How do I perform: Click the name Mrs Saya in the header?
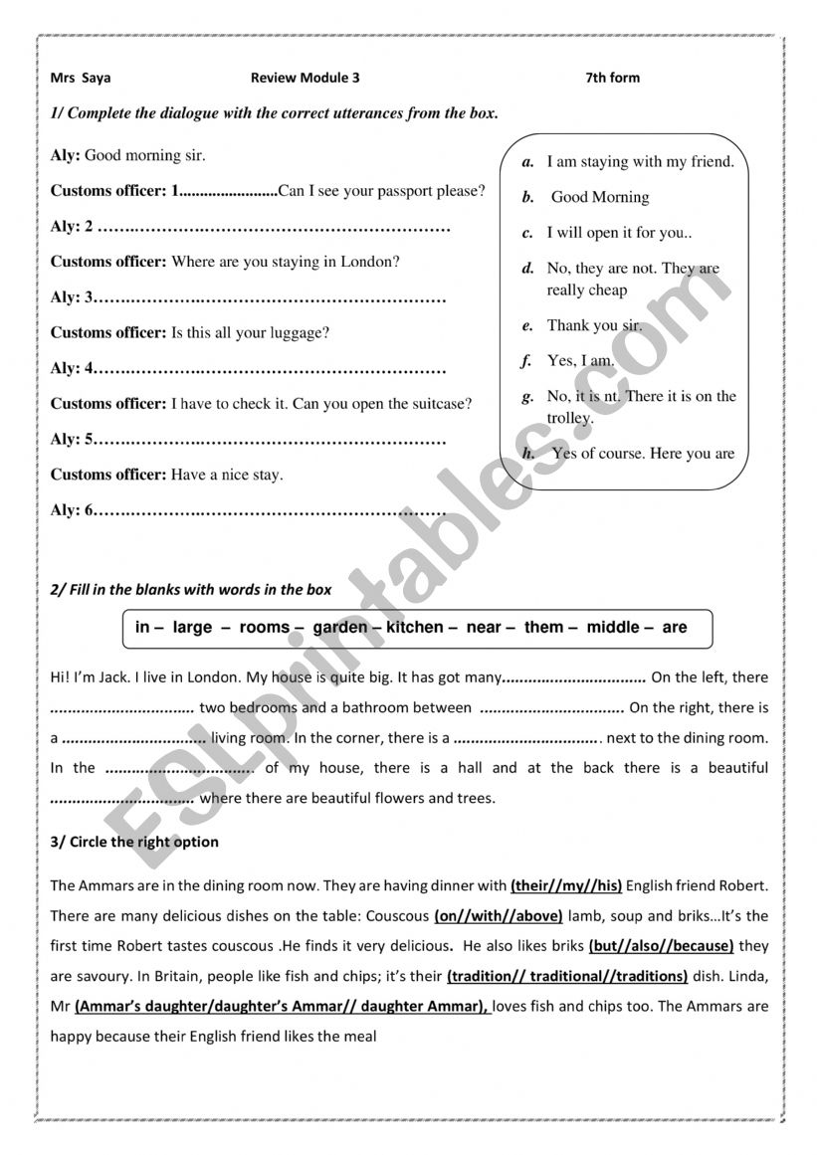coord(81,78)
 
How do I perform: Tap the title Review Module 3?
coord(305,78)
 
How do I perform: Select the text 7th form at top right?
coord(613,78)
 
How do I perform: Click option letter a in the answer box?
coord(528,161)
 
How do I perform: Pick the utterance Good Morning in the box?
coord(599,197)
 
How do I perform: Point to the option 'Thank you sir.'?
coord(594,325)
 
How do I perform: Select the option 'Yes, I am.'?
coord(581,361)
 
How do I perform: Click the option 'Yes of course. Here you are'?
coord(643,454)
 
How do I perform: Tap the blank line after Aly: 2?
coord(276,227)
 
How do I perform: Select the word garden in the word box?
coord(340,628)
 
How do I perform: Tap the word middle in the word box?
coord(613,628)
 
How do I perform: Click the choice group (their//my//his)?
coord(566,884)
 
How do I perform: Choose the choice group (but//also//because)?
coord(661,945)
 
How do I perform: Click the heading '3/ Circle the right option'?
coord(134,842)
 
